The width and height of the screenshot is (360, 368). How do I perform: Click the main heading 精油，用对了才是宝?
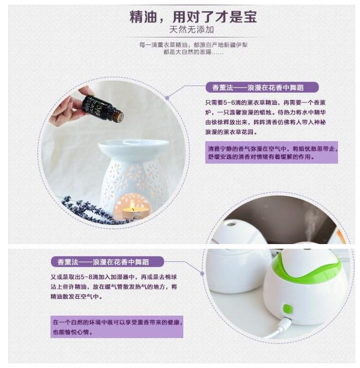[x=193, y=17]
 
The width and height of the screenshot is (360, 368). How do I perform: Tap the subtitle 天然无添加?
[x=192, y=30]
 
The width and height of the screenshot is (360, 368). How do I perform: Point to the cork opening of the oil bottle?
[x=120, y=117]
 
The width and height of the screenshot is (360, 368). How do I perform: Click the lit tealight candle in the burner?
[x=135, y=212]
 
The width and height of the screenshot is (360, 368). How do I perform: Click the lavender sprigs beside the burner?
[x=90, y=210]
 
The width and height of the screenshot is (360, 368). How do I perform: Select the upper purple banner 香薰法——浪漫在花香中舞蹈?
[x=262, y=87]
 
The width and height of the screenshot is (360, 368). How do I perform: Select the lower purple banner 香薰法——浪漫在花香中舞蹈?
[x=107, y=262]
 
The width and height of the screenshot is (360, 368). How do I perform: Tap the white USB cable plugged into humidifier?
[x=278, y=328]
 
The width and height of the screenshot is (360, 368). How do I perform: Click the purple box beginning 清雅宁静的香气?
[x=271, y=152]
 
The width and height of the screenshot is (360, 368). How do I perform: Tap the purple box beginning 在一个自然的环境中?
[x=117, y=327]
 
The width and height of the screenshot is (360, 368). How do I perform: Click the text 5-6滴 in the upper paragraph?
[x=232, y=102]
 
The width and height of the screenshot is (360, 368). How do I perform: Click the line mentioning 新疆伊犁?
[x=193, y=45]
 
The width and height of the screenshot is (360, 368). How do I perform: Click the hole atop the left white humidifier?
[x=231, y=224]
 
